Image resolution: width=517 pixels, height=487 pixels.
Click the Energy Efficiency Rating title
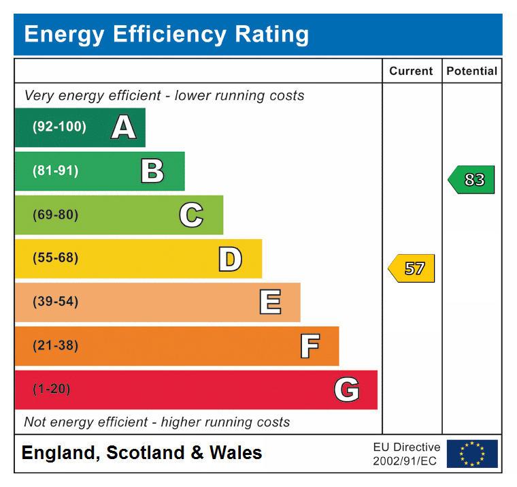coord(166,34)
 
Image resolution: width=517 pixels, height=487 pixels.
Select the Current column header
coord(411,71)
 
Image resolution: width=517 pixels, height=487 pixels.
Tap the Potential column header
coord(471,71)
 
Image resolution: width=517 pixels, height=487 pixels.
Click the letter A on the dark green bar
coord(123,127)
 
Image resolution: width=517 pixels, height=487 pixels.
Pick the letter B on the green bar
coord(152,171)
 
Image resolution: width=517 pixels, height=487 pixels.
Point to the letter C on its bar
coord(191,215)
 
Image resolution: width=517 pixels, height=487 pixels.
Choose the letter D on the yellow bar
coord(230,259)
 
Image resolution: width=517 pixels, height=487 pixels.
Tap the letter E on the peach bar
coord(270,302)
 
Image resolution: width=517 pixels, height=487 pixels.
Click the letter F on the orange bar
coord(310,346)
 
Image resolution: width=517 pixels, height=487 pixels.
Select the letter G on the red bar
coord(346,390)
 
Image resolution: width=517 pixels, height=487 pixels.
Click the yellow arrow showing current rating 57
coord(412,268)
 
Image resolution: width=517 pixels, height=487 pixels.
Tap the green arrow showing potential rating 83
coord(471,180)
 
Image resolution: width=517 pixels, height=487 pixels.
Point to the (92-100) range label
coord(59,127)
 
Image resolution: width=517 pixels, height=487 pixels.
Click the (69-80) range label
coord(55,215)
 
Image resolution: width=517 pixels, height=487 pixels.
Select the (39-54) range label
coord(55,302)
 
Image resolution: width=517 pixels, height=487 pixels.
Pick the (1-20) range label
coord(51,389)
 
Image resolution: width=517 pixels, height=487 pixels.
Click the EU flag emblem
coord(471,454)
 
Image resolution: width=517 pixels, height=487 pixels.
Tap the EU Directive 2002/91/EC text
coord(406,454)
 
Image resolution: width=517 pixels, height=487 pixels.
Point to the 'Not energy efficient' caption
coord(156,422)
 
